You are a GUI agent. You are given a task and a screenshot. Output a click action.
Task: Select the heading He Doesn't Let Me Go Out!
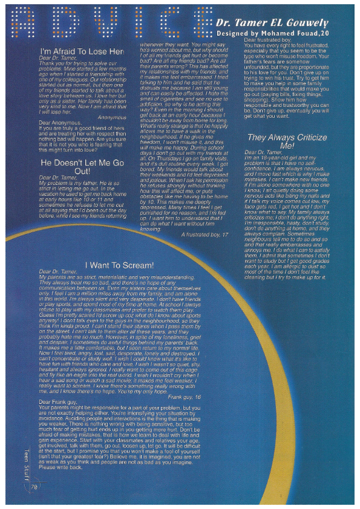[82, 167]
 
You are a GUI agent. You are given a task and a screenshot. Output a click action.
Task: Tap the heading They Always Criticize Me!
[287, 141]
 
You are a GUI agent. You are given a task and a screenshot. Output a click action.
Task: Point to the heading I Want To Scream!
[119, 265]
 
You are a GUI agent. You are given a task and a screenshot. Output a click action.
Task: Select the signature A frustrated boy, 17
[205, 233]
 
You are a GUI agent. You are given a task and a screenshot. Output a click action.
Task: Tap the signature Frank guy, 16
[185, 397]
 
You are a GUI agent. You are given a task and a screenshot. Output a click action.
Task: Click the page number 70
[34, 485]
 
